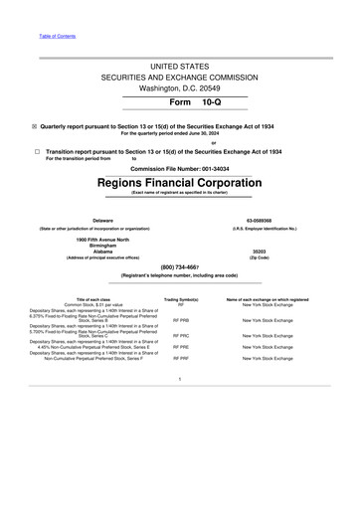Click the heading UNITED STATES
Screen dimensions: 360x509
tap(179, 65)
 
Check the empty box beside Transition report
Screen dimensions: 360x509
tap(36, 151)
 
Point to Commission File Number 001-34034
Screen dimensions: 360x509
tap(179, 169)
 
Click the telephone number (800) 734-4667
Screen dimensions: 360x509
tap(179, 267)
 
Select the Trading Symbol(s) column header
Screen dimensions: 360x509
tap(181, 298)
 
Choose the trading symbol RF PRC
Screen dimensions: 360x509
tap(181, 336)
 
